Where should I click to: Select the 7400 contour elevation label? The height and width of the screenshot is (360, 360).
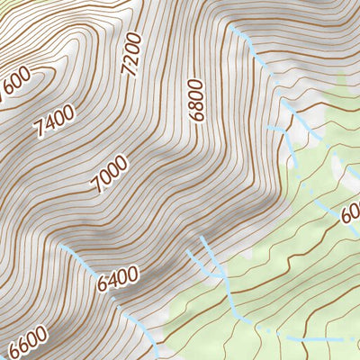[54, 121]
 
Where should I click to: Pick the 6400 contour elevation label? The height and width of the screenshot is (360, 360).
[119, 274]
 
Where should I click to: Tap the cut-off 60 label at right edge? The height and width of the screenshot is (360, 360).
[350, 215]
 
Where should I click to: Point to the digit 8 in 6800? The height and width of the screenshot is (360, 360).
[196, 102]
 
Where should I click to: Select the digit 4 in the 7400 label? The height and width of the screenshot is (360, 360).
[49, 124]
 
